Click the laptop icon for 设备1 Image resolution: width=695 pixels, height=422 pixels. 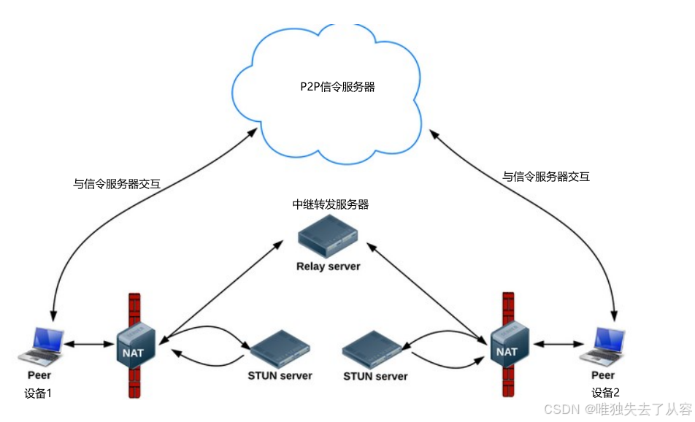pyautogui.click(x=40, y=345)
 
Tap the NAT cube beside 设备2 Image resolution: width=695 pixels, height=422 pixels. pyautogui.click(x=507, y=343)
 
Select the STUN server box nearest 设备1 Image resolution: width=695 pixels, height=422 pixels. pyautogui.click(x=280, y=349)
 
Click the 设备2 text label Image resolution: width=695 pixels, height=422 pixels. pyautogui.click(x=605, y=391)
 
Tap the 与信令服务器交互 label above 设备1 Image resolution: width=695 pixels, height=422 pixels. pyautogui.click(x=117, y=185)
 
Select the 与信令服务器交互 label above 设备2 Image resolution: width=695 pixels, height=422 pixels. pyautogui.click(x=546, y=176)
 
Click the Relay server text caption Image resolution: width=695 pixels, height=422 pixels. pyautogui.click(x=329, y=266)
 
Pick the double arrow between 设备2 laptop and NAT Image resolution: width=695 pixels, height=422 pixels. pyautogui.click(x=557, y=342)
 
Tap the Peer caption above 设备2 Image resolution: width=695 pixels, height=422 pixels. pyautogui.click(x=603, y=375)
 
